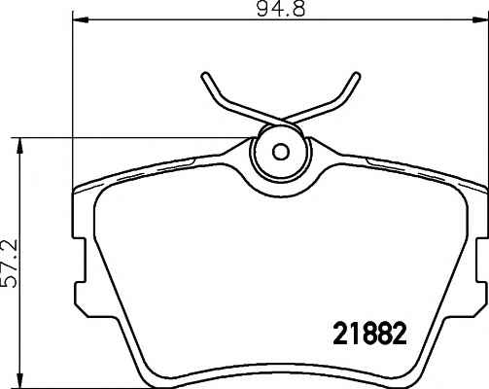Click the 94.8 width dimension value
coord(281,9)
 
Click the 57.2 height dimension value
coord(9,265)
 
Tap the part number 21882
coord(369,334)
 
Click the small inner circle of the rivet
coord(281,151)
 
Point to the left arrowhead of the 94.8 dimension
coord(81,20)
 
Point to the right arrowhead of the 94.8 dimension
coord(479,20)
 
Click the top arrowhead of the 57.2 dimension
coord(20,146)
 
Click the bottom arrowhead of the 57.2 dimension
coord(20,380)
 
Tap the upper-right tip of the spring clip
coord(357,76)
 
